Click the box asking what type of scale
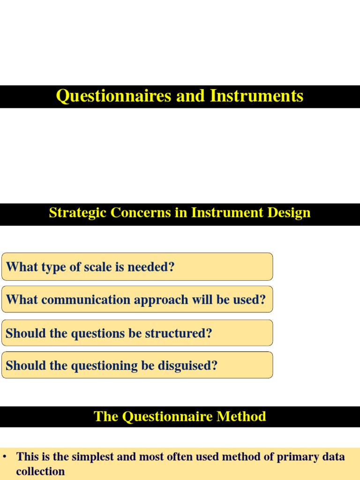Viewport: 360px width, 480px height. [137, 267]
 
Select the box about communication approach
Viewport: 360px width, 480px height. [137, 300]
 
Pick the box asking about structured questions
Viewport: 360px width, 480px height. [137, 333]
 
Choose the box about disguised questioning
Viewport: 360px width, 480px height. [137, 365]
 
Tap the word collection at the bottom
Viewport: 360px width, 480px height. [40, 472]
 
